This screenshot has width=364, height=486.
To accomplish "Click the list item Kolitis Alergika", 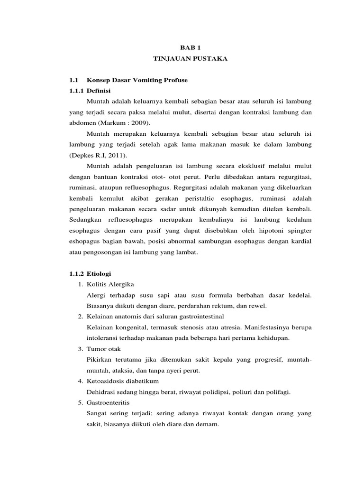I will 110,285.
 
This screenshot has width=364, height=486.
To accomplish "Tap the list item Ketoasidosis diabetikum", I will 122,381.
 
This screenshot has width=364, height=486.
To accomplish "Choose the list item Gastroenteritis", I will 107,402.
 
